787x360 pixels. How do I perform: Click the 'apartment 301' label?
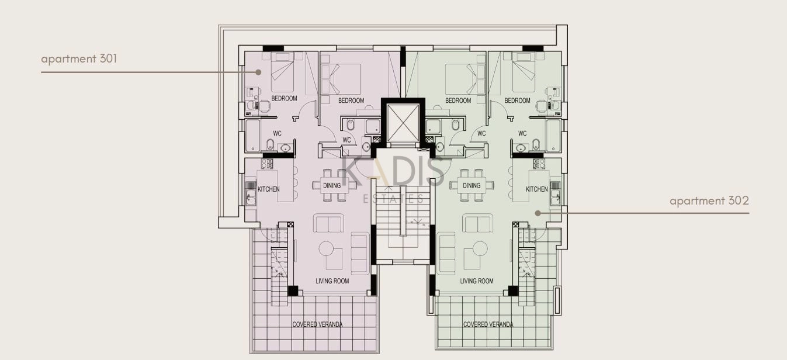point(79,58)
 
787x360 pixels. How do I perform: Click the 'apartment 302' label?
point(709,200)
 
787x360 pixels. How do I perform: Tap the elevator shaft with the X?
point(403,123)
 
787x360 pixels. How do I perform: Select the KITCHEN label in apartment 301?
point(269,189)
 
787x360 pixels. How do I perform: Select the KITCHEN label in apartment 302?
point(537,189)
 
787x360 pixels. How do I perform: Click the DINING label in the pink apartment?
point(332,185)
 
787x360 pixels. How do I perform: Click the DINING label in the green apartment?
point(471,185)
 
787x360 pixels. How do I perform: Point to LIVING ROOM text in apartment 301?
point(332,281)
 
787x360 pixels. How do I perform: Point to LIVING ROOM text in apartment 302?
point(477,281)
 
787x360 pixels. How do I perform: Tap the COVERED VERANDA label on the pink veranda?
point(317,324)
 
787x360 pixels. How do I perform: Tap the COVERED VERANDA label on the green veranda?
point(488,324)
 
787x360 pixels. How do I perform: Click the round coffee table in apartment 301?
point(326,248)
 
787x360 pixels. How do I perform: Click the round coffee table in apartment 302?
point(480,248)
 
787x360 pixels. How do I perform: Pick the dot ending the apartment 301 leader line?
point(258,72)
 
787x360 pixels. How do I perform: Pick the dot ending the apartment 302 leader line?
point(538,213)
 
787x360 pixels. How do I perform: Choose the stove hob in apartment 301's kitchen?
point(267,164)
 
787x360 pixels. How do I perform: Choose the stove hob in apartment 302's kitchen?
point(539,164)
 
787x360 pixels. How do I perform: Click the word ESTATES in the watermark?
point(393,199)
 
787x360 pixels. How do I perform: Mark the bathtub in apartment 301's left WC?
point(252,136)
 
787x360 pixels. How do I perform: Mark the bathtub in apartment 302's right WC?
point(553,136)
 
